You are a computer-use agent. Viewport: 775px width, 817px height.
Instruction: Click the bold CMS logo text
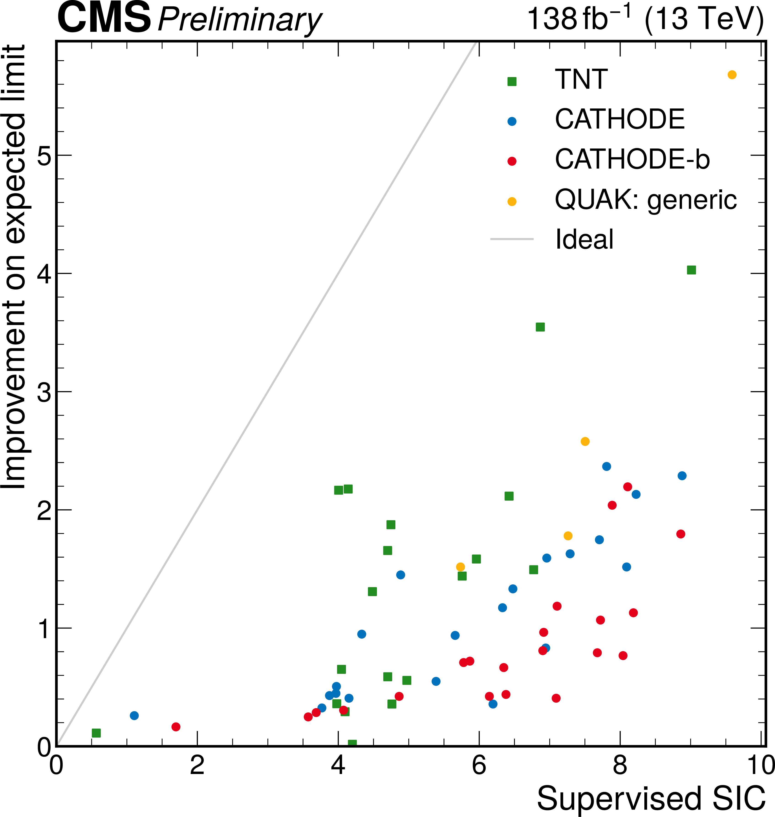tap(104, 19)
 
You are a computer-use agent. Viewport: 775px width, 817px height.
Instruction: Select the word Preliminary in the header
tap(240, 21)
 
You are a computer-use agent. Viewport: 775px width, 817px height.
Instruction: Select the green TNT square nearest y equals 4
tap(691, 270)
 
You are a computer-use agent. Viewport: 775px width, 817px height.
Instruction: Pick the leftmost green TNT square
tap(96, 733)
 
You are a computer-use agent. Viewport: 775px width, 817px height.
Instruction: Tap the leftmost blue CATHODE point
tap(134, 715)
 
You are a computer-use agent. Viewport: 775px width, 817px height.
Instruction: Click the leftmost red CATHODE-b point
tap(176, 727)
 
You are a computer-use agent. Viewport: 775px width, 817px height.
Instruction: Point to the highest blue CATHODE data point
tap(606, 466)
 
